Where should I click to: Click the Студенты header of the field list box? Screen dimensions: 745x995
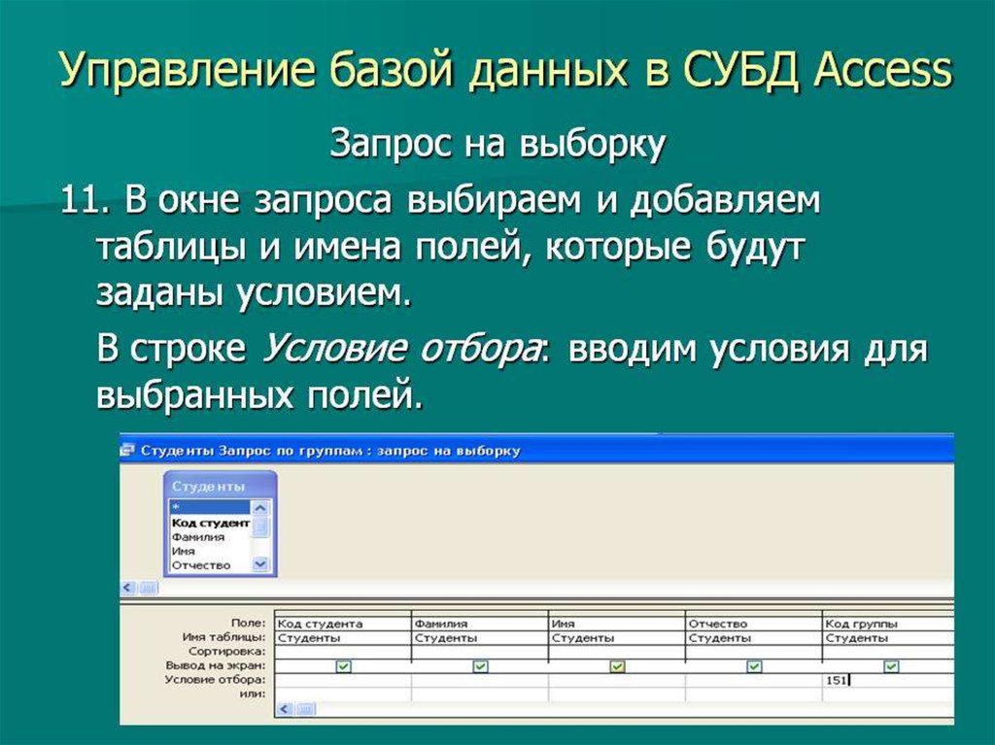click(208, 487)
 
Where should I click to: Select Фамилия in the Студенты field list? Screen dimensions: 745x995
click(198, 536)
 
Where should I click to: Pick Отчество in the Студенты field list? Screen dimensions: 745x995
click(201, 564)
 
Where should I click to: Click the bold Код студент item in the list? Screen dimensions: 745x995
click(208, 523)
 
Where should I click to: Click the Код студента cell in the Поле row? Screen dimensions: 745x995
click(320, 624)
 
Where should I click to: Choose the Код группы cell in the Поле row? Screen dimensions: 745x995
click(861, 624)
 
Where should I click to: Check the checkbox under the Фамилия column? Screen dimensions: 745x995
click(480, 666)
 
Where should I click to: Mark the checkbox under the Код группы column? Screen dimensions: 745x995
click(891, 666)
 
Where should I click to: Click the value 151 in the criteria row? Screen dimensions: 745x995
click(836, 681)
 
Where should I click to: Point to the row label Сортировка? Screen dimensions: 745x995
click(227, 652)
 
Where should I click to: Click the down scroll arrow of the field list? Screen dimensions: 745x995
click(259, 563)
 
